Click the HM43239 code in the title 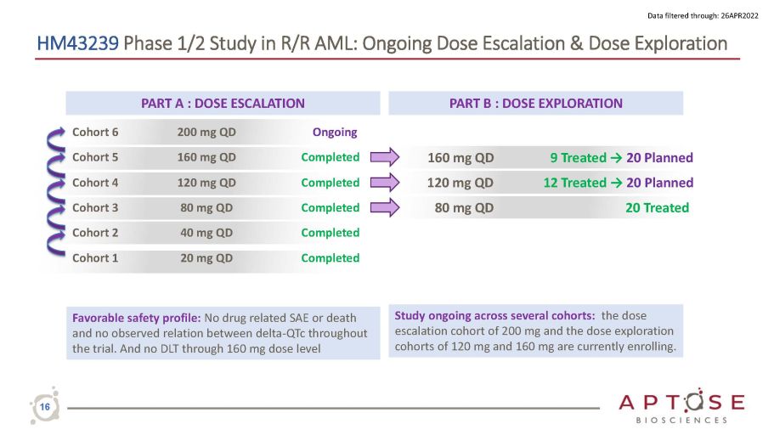point(77,43)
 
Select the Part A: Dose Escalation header point(223,103)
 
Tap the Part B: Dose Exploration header point(535,103)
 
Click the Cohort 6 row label point(95,132)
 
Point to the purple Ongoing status point(335,133)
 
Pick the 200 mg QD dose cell point(206,133)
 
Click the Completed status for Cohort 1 point(331,257)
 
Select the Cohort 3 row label point(95,207)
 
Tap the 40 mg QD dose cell point(206,233)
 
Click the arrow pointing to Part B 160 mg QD point(385,157)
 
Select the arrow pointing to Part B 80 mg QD point(385,207)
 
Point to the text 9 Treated point(578,157)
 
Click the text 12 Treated point(574,183)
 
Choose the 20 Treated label point(657,208)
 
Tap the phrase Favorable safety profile point(136,318)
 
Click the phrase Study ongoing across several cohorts point(494,315)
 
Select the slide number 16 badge point(45,406)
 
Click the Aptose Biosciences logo point(681,406)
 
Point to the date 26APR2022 point(739,16)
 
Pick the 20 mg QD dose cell point(206,257)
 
